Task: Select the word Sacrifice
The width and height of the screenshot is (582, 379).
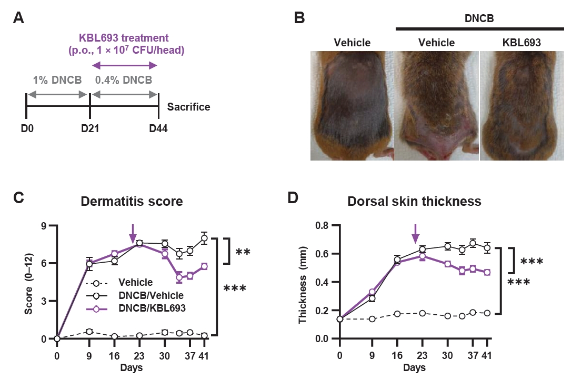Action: click(x=188, y=107)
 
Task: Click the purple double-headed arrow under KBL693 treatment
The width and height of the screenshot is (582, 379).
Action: click(x=125, y=65)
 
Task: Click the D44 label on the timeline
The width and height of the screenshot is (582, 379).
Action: click(x=158, y=129)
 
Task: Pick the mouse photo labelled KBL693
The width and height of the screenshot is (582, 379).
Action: click(x=521, y=105)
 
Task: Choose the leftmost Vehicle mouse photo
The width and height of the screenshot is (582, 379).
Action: click(x=352, y=105)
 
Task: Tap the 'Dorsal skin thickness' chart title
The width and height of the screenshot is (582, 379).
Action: click(x=414, y=202)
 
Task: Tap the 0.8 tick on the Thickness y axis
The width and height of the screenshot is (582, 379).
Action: click(x=322, y=226)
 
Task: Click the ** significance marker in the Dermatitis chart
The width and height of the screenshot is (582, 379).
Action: click(x=243, y=252)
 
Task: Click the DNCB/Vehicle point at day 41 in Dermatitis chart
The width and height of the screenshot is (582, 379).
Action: click(x=204, y=238)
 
